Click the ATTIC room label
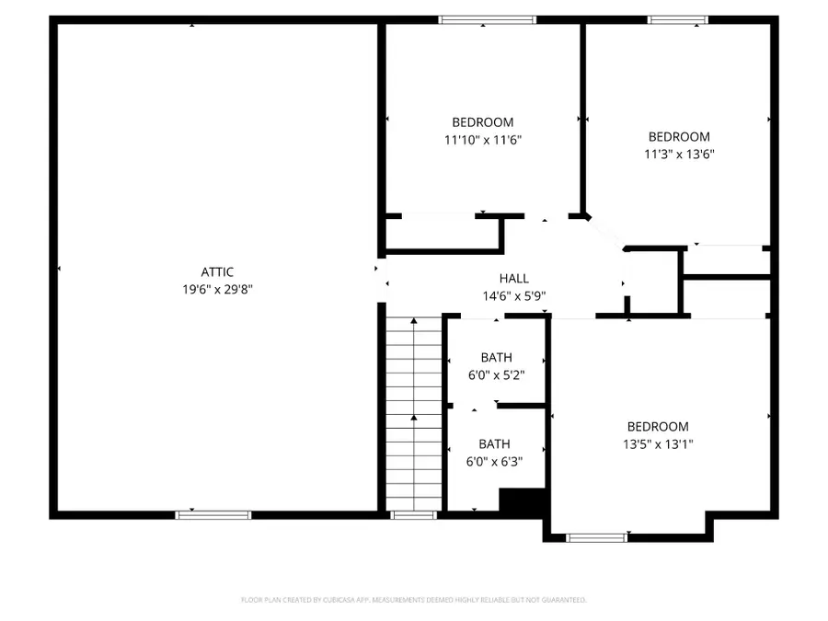(x=217, y=271)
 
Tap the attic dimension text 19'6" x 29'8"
(x=217, y=289)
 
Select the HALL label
(x=513, y=279)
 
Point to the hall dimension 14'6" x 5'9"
(x=513, y=296)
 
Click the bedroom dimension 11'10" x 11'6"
(x=482, y=140)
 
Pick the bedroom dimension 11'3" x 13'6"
(x=679, y=155)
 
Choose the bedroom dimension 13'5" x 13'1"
(x=657, y=443)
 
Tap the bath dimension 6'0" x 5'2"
(x=496, y=375)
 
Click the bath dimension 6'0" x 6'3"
(x=494, y=462)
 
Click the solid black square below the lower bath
(x=523, y=501)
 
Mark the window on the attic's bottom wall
(x=213, y=515)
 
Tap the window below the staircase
(x=413, y=515)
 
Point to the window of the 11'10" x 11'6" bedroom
(x=487, y=19)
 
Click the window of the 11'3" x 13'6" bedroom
(x=678, y=19)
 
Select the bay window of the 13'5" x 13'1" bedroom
(x=596, y=537)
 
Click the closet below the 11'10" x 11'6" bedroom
(x=442, y=234)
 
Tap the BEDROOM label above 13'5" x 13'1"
(x=657, y=426)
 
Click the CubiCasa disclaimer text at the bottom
(x=413, y=600)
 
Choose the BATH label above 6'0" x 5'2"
(x=496, y=358)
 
